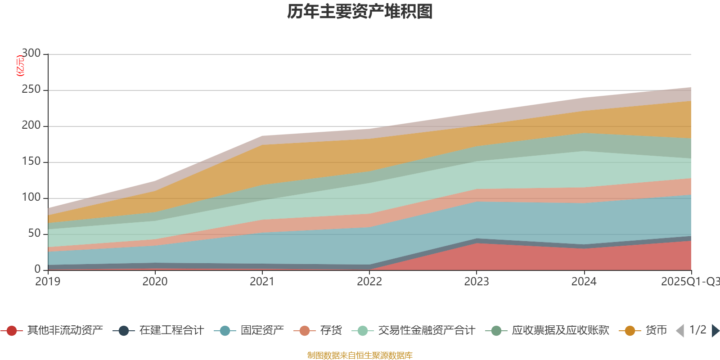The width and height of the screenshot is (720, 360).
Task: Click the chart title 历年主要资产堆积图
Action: point(360,12)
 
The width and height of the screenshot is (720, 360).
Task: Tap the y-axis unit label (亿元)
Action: point(20,66)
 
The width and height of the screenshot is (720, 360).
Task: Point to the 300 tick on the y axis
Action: point(31,54)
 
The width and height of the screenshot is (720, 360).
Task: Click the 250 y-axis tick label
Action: point(31,90)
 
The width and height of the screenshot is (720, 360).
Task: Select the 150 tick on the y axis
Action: point(31,162)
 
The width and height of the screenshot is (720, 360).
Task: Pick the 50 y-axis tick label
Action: point(34,234)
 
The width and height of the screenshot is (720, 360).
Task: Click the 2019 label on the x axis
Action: point(48,282)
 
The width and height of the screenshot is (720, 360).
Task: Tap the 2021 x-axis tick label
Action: point(262,282)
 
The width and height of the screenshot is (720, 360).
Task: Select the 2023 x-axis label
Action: point(477,282)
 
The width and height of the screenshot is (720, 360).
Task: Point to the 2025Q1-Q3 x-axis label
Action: point(690,282)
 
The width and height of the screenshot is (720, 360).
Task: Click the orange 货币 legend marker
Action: point(630,331)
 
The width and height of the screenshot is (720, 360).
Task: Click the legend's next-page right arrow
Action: point(715,331)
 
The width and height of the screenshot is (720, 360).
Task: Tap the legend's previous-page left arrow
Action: point(680,331)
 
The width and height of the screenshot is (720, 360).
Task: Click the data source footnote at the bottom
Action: point(360,355)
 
